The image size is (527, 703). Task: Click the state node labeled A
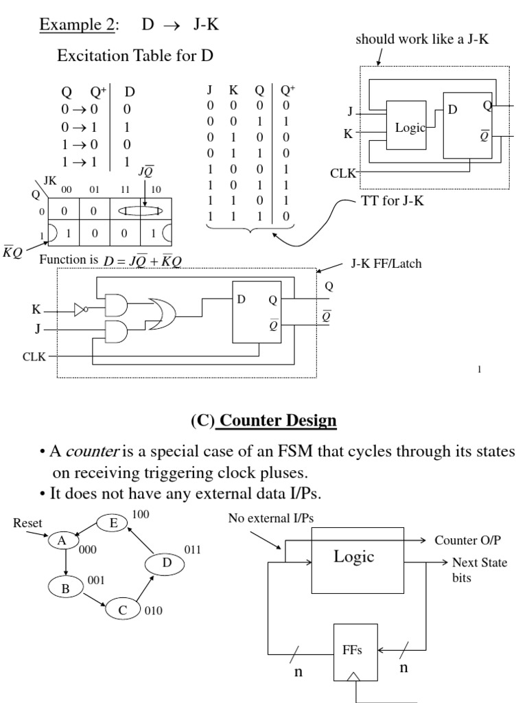(62, 540)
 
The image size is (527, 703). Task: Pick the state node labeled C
(123, 608)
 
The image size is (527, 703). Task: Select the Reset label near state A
(27, 524)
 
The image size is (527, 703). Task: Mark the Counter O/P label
(464, 540)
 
